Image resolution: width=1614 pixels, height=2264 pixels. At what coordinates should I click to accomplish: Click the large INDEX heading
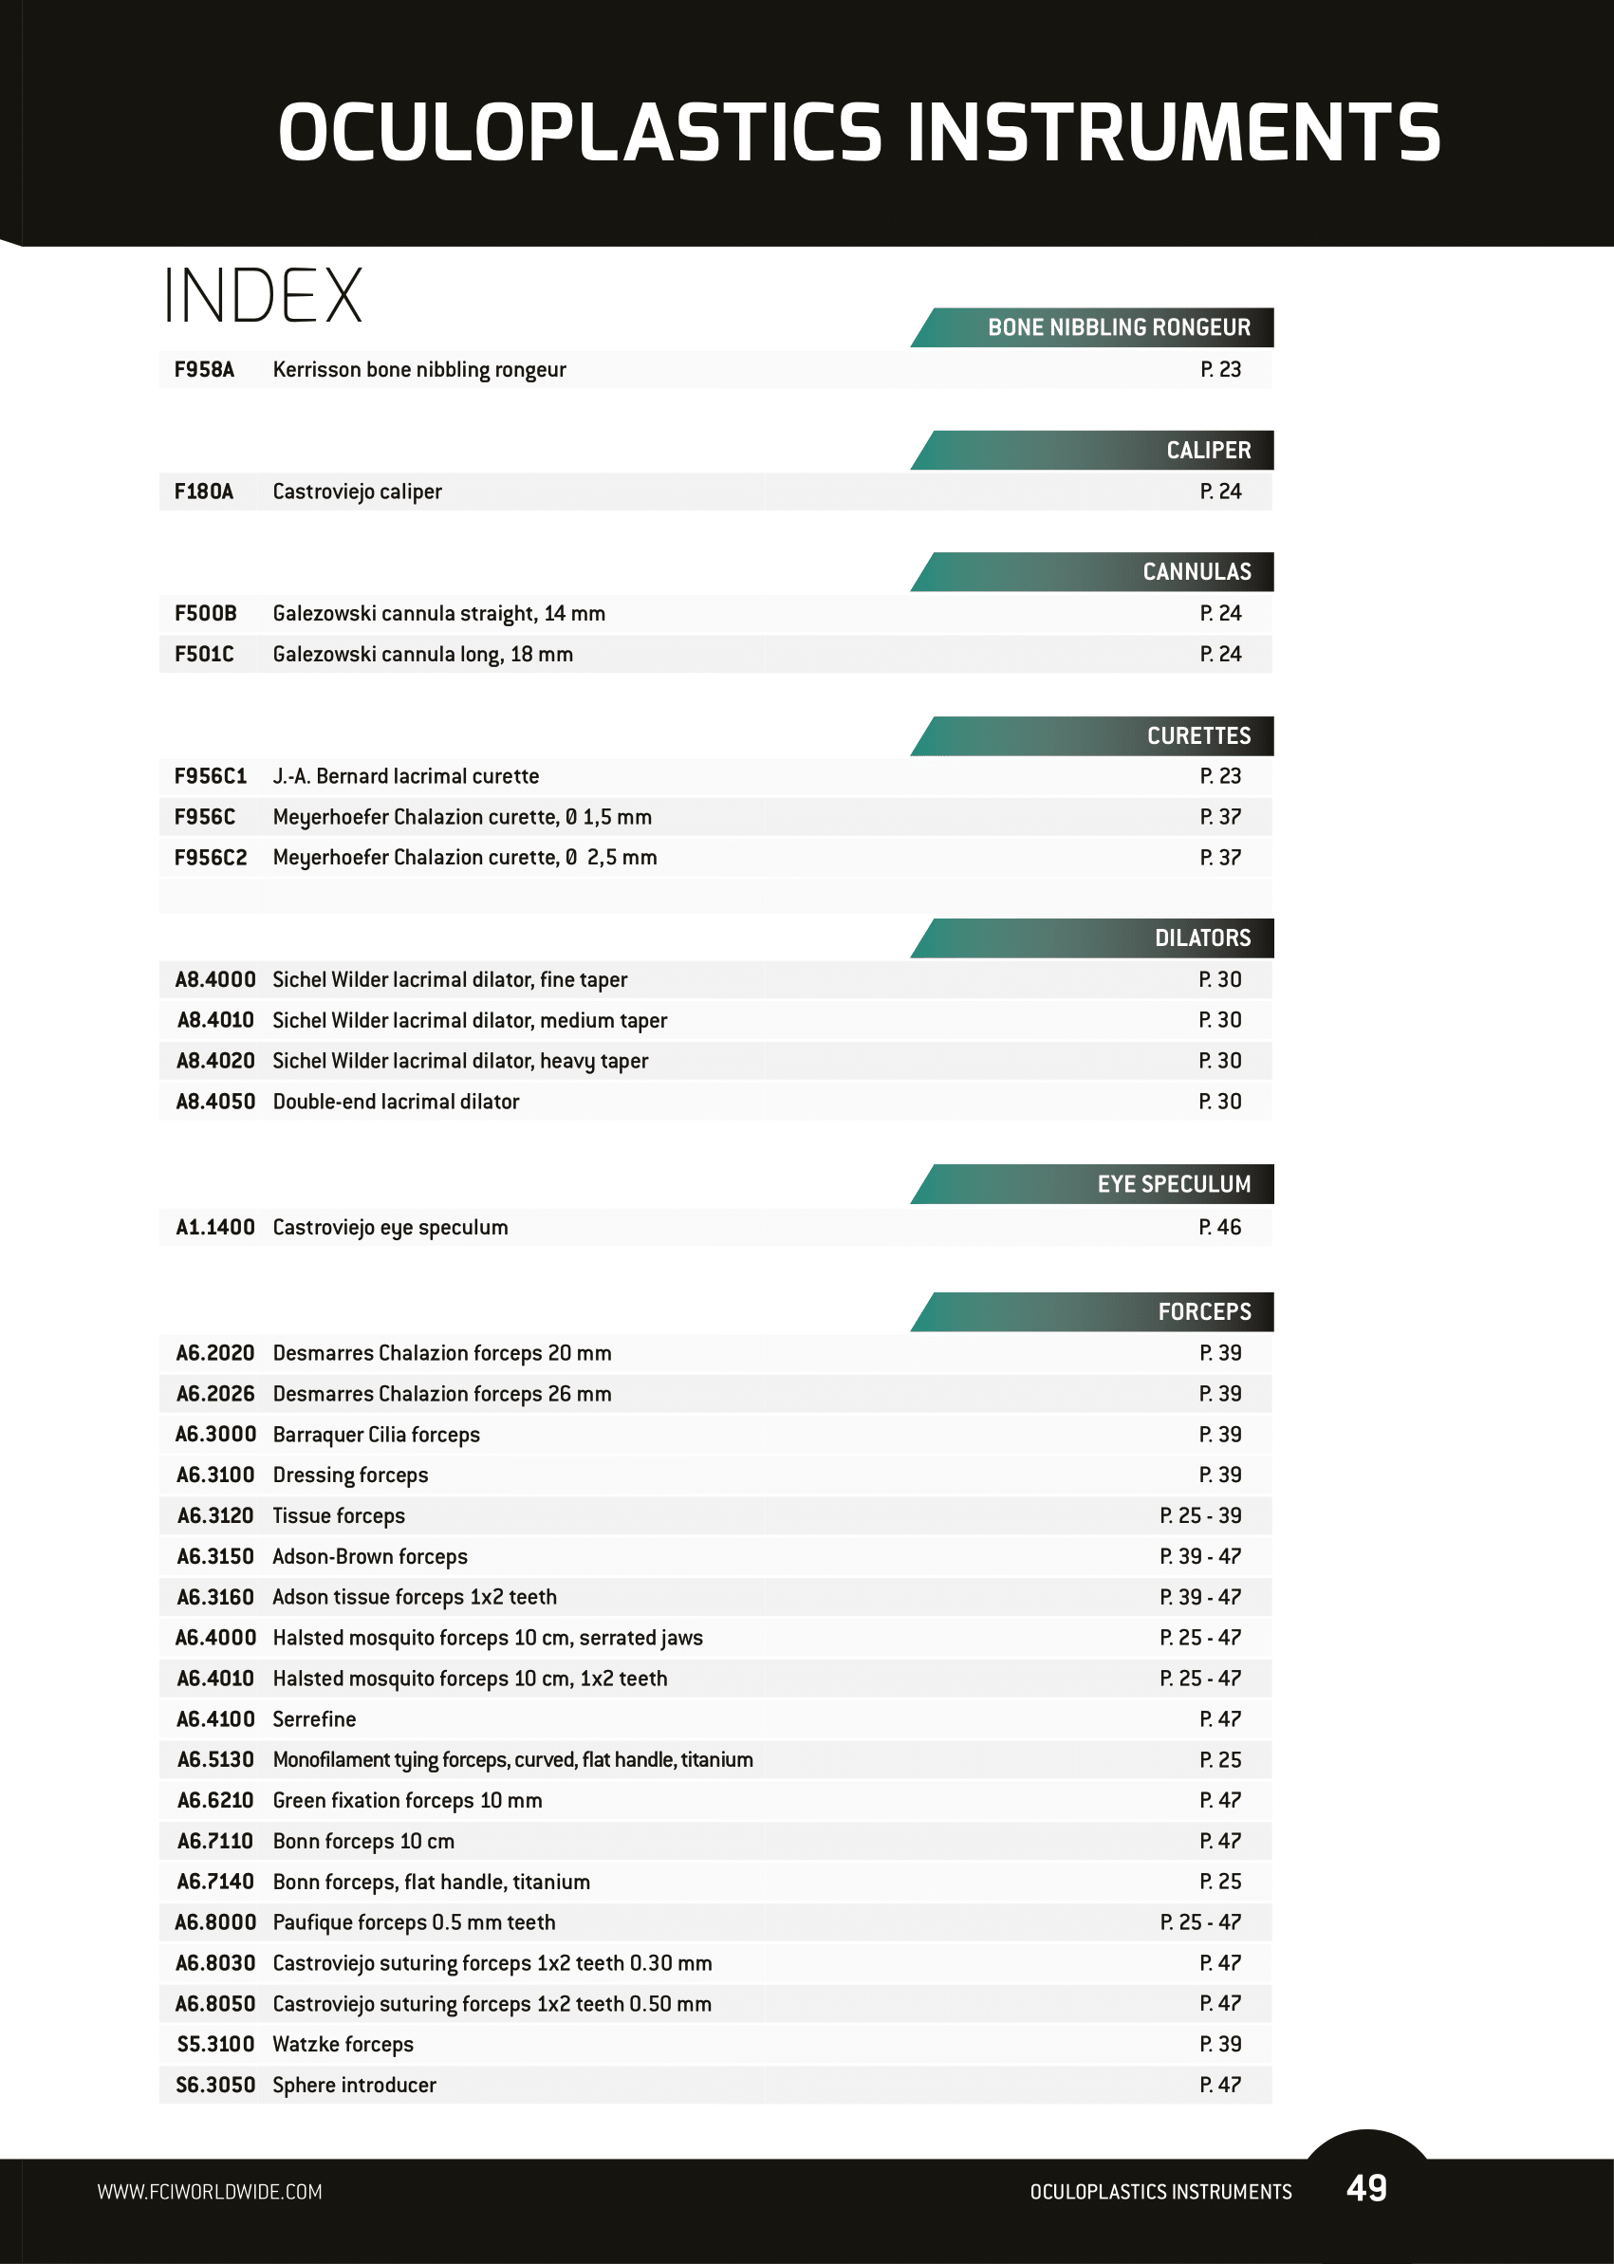264,296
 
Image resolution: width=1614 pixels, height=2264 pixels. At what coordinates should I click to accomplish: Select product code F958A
204,370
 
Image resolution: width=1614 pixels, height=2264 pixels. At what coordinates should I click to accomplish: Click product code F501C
204,654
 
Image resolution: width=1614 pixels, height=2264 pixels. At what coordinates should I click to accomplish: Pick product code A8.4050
214,1102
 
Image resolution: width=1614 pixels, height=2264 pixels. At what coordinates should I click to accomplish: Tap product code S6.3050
214,2084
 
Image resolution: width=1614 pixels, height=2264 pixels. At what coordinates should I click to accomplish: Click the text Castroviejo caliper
357,492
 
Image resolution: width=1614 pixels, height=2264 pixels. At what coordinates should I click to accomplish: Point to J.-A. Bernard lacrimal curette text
405,776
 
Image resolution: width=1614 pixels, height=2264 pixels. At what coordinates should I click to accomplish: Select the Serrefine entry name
314,1718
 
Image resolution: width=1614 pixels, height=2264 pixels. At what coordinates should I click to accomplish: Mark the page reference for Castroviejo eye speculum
1219,1228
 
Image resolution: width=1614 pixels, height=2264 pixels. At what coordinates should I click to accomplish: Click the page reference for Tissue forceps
1199,1515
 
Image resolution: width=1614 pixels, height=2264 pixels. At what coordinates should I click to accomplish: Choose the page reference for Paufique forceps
1199,1922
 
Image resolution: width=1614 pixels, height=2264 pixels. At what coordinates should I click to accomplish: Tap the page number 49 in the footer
1366,2187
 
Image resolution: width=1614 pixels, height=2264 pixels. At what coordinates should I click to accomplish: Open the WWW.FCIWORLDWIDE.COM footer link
210,2192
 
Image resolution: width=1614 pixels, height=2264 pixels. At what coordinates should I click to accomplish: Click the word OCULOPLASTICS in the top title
580,133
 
